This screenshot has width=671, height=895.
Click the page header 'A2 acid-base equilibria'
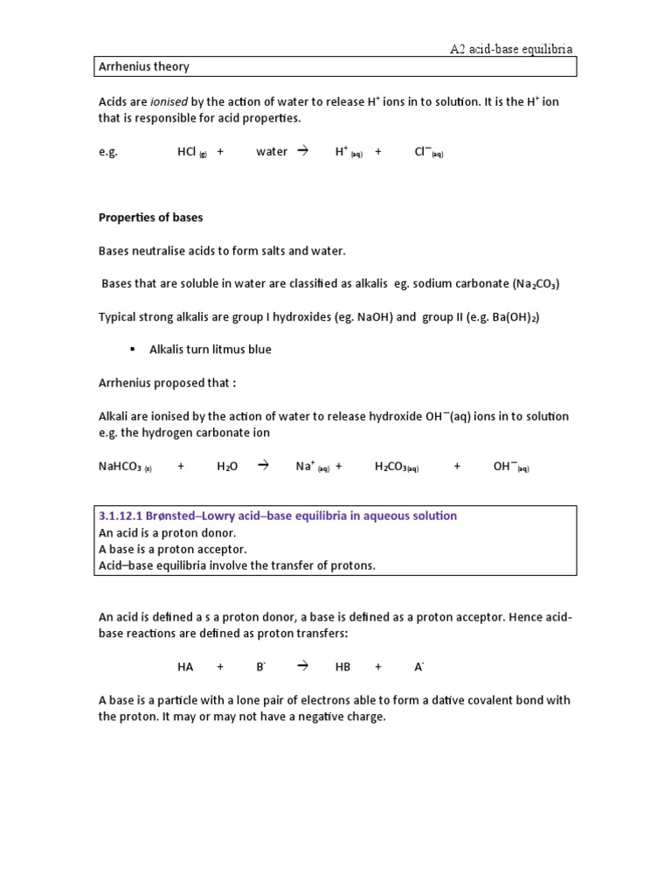pos(511,50)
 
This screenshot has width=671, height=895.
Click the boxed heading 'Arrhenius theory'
pos(144,66)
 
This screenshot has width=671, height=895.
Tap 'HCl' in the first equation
pos(187,151)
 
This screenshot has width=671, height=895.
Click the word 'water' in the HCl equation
pos(272,151)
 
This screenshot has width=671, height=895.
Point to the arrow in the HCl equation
pos(303,151)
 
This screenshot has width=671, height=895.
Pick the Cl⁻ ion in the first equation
pos(425,151)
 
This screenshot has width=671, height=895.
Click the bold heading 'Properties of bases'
pos(150,217)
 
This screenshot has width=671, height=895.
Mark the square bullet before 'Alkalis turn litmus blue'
pos(132,350)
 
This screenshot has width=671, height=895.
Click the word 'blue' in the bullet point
pos(259,350)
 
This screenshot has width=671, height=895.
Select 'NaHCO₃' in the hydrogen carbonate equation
pos(121,467)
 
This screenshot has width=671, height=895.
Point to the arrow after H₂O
pos(262,467)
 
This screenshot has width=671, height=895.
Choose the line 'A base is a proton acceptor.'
pos(173,549)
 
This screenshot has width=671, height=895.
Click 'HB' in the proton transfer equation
pos(342,666)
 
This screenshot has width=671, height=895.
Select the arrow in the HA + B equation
pos(303,666)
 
